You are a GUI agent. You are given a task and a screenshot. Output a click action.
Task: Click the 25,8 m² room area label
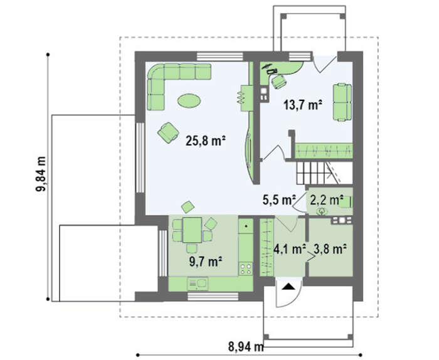coord(206,140)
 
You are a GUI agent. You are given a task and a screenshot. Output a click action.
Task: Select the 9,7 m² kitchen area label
coord(206,262)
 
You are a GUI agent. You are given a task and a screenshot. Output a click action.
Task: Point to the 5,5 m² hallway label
coord(280,200)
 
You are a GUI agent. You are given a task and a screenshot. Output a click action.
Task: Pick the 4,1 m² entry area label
coord(290,249)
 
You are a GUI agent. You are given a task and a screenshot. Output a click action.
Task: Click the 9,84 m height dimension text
coord(41,174)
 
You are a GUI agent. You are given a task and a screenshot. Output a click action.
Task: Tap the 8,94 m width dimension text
coord(246,347)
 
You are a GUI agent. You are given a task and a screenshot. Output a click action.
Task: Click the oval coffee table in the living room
coord(189,100)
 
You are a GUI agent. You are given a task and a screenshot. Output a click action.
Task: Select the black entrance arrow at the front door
coord(288,287)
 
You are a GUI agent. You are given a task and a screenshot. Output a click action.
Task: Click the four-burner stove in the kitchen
coord(246,268)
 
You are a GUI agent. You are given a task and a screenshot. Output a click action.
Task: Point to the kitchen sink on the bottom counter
coord(198,283)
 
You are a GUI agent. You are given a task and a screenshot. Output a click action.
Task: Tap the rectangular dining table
coord(192,230)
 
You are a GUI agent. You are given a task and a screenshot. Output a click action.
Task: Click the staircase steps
coord(319,172)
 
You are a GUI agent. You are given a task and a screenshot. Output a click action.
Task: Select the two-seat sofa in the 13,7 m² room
coord(342,102)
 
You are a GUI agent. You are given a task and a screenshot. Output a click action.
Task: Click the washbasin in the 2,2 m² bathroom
coord(322,211)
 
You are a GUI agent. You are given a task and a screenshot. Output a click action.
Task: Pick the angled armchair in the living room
coord(168,132)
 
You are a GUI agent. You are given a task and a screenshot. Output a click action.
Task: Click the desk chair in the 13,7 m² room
coord(278,82)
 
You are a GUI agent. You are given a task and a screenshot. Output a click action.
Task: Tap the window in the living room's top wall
coord(219,56)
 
